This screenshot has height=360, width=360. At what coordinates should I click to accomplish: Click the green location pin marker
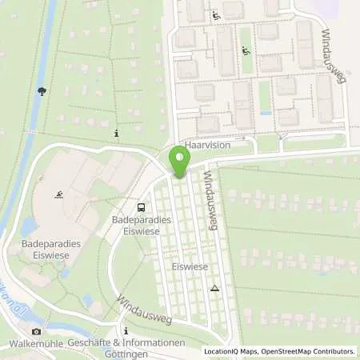pos(179,164)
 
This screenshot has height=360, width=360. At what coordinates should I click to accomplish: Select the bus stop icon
pos(142,206)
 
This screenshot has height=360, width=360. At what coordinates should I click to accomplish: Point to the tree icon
pos(41,91)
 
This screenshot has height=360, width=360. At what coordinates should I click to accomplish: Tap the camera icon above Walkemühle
pos(35,331)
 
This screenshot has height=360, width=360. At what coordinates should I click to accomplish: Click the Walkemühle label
pos(36,343)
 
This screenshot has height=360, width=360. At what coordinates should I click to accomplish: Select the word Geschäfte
pos(90,343)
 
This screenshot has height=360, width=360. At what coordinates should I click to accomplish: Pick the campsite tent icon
pos(214,287)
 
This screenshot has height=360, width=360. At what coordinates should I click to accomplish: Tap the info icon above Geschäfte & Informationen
pos(125,330)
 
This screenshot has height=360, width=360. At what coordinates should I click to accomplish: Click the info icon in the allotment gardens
pos(118,133)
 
